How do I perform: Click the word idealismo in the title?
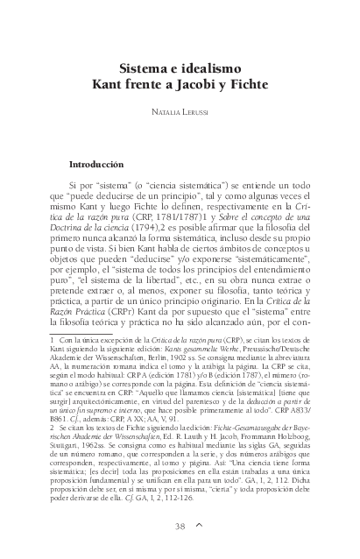[x=206, y=69]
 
